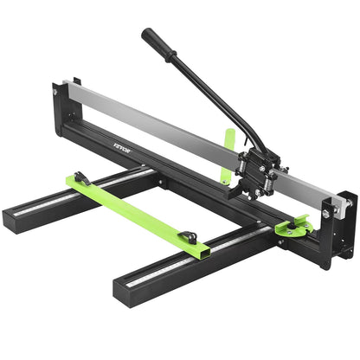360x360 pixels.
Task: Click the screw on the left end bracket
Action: (54, 90)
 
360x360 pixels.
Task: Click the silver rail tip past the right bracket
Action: (347, 206)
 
